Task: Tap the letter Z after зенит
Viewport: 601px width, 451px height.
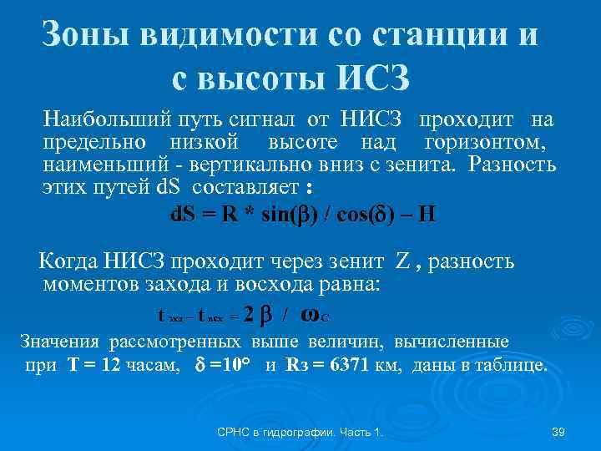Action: pos(402,262)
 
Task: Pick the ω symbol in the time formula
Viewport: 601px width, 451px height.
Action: pos(308,316)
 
